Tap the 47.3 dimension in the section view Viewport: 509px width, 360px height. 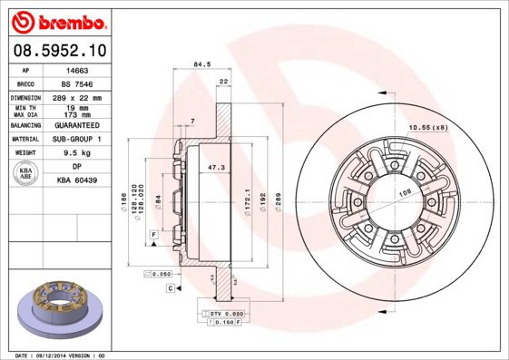point(217,169)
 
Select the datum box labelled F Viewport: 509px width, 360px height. point(154,235)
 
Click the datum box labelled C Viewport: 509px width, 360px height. point(170,287)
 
